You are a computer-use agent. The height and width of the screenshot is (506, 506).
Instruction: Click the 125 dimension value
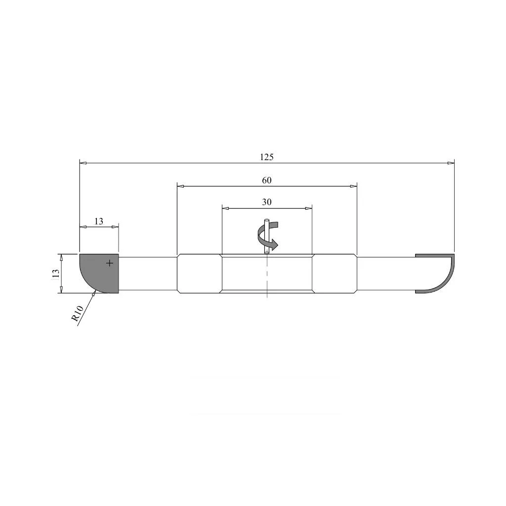[x=266, y=157]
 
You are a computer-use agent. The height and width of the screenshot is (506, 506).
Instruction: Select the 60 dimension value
[x=266, y=180]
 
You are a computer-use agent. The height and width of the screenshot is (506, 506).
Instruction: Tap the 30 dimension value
[x=266, y=202]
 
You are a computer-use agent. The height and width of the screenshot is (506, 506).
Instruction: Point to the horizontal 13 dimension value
[x=99, y=221]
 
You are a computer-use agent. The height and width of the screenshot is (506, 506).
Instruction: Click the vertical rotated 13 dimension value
[x=56, y=274]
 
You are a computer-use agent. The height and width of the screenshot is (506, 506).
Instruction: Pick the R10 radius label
[x=78, y=313]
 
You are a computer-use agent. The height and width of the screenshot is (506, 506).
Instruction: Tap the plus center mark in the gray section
[x=110, y=263]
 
